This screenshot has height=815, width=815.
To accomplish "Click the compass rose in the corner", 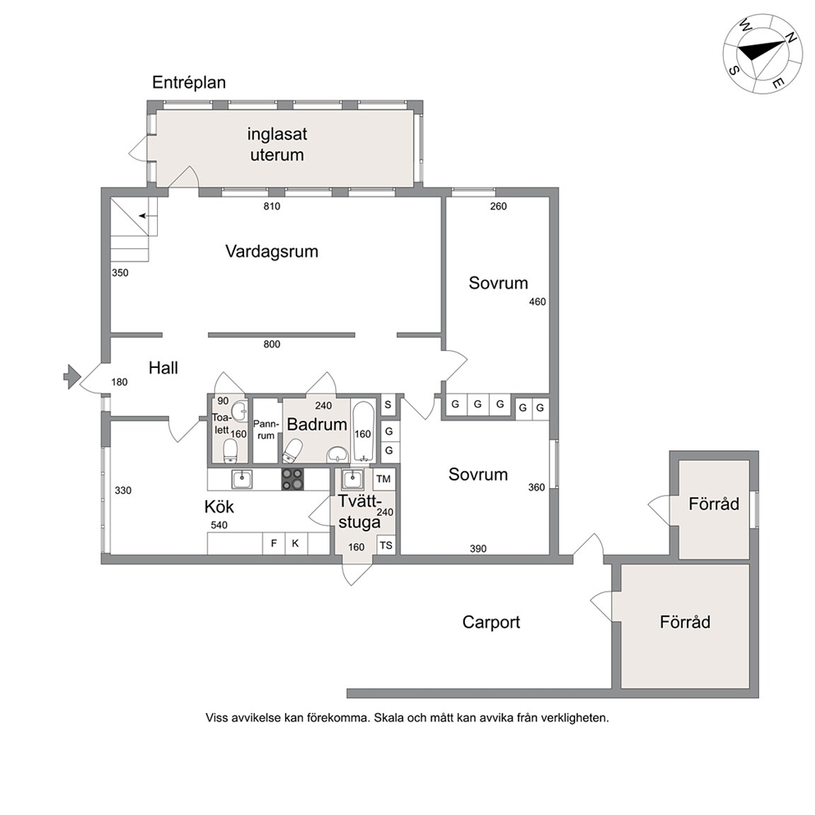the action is tap(762, 54).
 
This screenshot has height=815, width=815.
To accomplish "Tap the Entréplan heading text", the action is tap(189, 83).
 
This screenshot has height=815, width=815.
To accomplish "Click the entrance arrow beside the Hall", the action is tap(71, 375).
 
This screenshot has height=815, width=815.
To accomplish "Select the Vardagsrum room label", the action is tap(272, 251).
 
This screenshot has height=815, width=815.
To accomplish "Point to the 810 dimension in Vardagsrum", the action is tap(272, 206).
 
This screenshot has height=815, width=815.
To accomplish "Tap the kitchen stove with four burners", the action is tap(292, 479).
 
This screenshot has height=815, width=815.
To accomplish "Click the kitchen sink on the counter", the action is tap(242, 479).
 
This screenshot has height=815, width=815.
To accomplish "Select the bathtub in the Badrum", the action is tap(363, 431).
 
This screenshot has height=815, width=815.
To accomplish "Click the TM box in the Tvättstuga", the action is tap(384, 479).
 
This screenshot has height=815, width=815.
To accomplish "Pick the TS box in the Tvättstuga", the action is tap(385, 546).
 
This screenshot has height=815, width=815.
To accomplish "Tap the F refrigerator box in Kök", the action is tap(274, 544).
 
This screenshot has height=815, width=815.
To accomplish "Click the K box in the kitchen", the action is tap(296, 544).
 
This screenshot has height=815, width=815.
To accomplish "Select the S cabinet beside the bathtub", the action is tap(388, 404).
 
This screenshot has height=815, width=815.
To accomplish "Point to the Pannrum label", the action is tap(265, 430).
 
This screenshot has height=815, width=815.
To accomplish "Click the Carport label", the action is tap(491, 622).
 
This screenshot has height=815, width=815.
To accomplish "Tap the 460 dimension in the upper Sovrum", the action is tap(537, 302).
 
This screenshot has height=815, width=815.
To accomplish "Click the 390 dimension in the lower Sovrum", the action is tap(478, 548).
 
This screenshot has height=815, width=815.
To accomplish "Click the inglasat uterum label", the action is tap(277, 145).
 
